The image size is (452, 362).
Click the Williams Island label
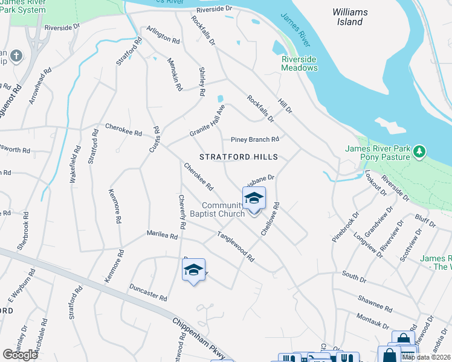coord(350,17)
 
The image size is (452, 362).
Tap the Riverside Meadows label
coord(300,63)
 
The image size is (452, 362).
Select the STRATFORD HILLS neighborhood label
coord(239,157)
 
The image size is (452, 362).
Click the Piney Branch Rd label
coord(254,139)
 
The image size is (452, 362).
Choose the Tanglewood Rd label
coord(236,247)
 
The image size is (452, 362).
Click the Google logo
coord(21,355)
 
